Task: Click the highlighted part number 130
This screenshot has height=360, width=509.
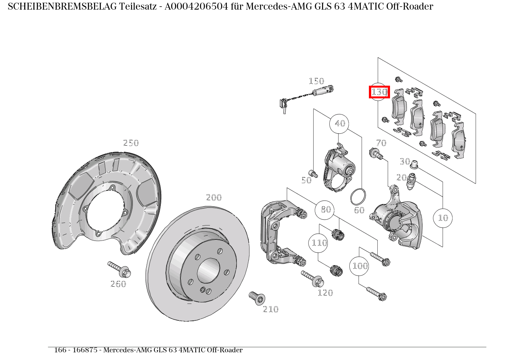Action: pyautogui.click(x=379, y=92)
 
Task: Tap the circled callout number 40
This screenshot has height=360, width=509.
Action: pyautogui.click(x=340, y=124)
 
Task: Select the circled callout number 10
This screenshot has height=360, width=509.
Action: pyautogui.click(x=443, y=218)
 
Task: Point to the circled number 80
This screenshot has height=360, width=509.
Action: pyautogui.click(x=325, y=210)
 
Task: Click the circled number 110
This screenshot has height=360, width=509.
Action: pyautogui.click(x=319, y=243)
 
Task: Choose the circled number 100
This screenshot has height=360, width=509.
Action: pyautogui.click(x=359, y=266)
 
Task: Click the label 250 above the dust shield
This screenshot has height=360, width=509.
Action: pyautogui.click(x=131, y=143)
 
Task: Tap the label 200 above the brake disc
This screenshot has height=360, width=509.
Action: pyautogui.click(x=214, y=197)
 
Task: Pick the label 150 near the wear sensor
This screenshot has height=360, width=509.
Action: pyautogui.click(x=316, y=81)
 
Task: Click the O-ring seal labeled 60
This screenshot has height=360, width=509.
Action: pyautogui.click(x=358, y=197)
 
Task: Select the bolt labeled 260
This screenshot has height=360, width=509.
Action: pyautogui.click(x=120, y=269)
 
